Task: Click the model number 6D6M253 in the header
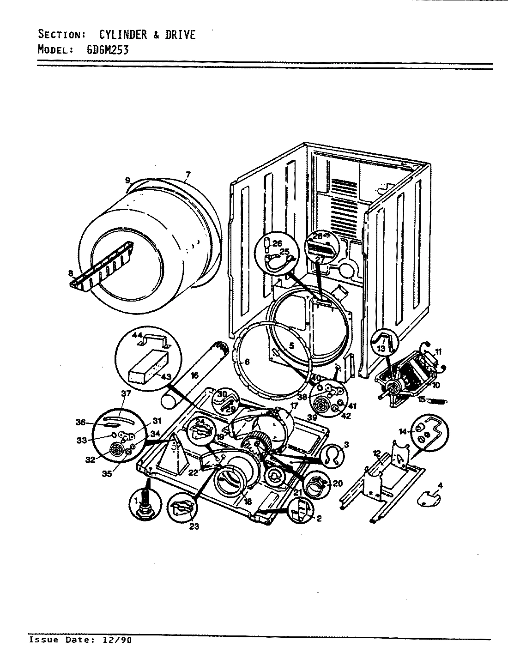click(107, 49)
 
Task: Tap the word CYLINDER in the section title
click(123, 35)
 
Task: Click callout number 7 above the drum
click(187, 175)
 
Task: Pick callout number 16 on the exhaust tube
click(194, 376)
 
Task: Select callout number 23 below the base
click(194, 526)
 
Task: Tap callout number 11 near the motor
click(438, 352)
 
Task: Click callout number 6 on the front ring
click(247, 362)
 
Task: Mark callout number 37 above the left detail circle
click(126, 393)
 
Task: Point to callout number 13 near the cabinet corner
click(381, 349)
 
